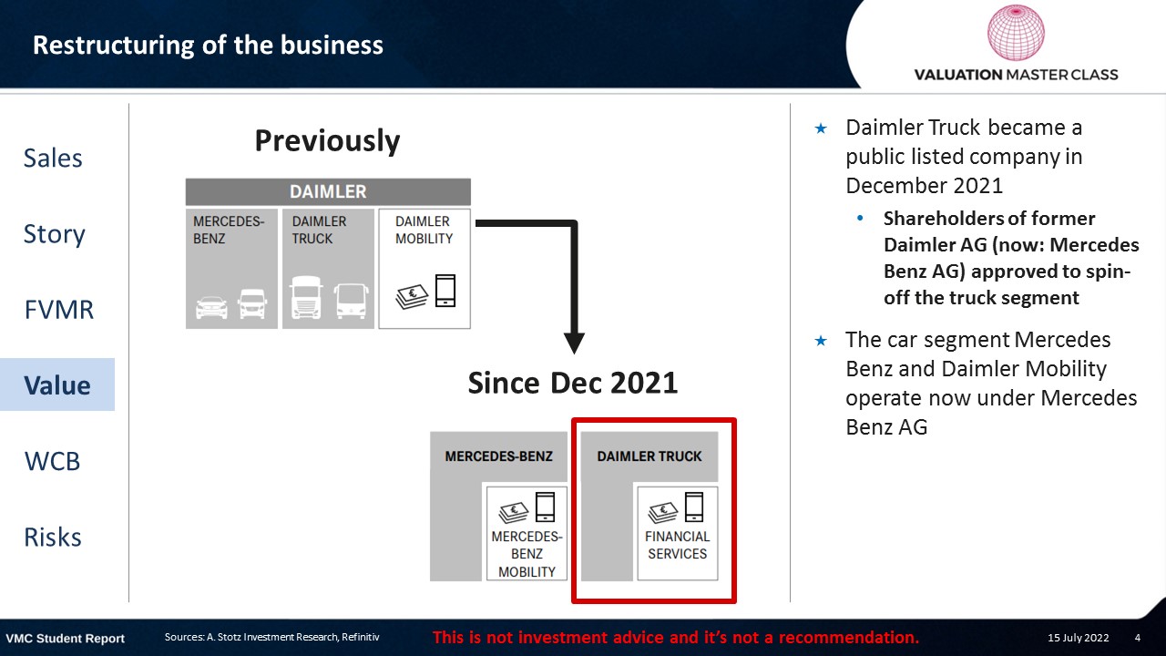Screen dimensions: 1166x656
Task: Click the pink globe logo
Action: click(1016, 32)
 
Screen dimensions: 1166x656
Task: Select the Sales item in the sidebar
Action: click(53, 158)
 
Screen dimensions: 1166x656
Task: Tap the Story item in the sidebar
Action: click(54, 235)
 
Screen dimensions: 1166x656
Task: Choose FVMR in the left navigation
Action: click(59, 310)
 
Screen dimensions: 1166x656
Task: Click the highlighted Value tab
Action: click(57, 384)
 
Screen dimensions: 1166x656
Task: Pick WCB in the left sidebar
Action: click(52, 461)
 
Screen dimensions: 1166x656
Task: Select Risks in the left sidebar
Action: click(53, 537)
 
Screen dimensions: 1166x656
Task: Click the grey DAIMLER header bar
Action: click(328, 191)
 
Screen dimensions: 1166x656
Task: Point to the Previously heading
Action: click(327, 140)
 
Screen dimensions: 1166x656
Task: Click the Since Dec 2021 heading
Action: click(573, 384)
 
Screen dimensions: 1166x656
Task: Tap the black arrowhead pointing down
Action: click(574, 343)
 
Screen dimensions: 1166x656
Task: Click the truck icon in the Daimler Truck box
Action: click(306, 297)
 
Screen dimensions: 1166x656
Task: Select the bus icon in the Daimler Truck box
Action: click(352, 301)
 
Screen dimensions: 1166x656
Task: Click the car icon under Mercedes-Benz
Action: click(211, 307)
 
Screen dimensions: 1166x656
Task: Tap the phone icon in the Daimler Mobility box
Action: click(445, 291)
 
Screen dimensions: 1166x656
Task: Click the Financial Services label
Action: click(677, 545)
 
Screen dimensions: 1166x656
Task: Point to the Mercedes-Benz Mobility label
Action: click(527, 554)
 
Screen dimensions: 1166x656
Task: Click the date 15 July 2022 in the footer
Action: click(1078, 638)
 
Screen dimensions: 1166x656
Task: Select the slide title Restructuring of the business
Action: click(208, 46)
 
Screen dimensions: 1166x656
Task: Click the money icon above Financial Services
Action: click(662, 513)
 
